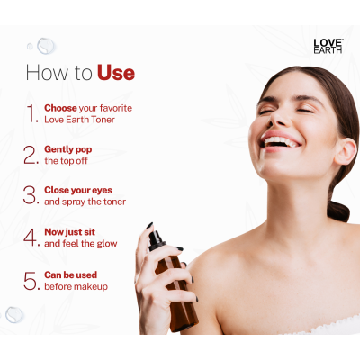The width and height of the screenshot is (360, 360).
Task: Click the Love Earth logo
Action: click(328, 47)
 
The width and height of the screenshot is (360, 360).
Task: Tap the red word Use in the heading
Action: click(116, 73)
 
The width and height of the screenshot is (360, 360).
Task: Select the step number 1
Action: click(32, 113)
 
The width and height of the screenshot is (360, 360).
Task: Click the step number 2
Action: click(31, 155)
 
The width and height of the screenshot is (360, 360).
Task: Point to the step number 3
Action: click(31, 195)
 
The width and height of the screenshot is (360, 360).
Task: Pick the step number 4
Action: click(31, 238)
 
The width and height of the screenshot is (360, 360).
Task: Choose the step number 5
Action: click(31, 281)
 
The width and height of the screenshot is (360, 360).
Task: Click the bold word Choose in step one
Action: click(60, 108)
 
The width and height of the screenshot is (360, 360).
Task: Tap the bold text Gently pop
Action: click(68, 149)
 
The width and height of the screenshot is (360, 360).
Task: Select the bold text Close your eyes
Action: click(78, 190)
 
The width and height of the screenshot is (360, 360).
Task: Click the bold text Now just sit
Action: click(70, 232)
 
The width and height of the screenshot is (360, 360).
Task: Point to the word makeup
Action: click(91, 286)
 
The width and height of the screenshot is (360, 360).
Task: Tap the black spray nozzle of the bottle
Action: click(157, 240)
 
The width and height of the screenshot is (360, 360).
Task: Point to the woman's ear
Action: click(346, 152)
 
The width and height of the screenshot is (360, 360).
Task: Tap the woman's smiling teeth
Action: click(281, 141)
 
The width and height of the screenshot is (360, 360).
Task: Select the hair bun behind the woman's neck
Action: click(338, 211)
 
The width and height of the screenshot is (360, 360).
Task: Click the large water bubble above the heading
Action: click(46, 46)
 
